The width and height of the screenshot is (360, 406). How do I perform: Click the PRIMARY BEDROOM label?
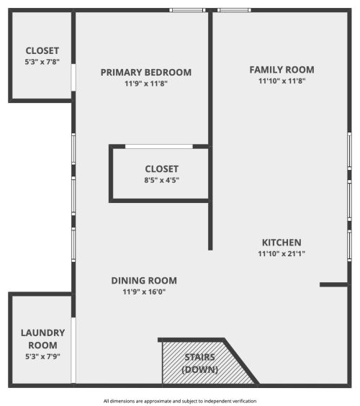click(x=146, y=72)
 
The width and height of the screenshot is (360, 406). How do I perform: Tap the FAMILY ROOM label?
click(x=282, y=70)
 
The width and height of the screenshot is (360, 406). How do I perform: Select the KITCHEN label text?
click(x=281, y=243)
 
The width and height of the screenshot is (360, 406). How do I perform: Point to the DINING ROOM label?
click(x=144, y=281)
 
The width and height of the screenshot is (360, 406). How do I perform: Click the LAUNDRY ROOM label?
click(x=42, y=338)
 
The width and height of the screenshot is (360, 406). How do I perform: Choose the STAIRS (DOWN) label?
click(x=200, y=363)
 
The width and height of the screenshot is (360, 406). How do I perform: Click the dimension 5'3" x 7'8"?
click(x=42, y=62)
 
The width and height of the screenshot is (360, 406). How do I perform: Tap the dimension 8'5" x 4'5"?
click(x=161, y=180)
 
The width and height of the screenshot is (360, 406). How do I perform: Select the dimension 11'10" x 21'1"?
click(x=281, y=253)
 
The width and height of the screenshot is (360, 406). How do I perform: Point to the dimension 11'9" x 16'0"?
click(x=144, y=292)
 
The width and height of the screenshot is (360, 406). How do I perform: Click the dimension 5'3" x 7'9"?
click(x=42, y=356)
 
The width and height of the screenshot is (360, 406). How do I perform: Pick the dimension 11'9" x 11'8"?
click(x=146, y=84)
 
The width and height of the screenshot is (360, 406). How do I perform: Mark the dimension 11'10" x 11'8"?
click(x=282, y=81)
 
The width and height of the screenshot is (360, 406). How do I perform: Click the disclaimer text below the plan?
click(x=179, y=401)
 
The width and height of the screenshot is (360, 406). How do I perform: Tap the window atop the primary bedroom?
click(x=187, y=10)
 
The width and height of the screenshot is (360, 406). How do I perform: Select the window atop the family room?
click(x=234, y=10)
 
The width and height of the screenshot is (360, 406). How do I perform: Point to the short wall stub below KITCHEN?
click(x=334, y=284)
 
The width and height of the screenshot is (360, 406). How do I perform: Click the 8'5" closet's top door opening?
click(x=158, y=146)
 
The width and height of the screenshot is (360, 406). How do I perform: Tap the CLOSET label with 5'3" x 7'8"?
click(x=42, y=50)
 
